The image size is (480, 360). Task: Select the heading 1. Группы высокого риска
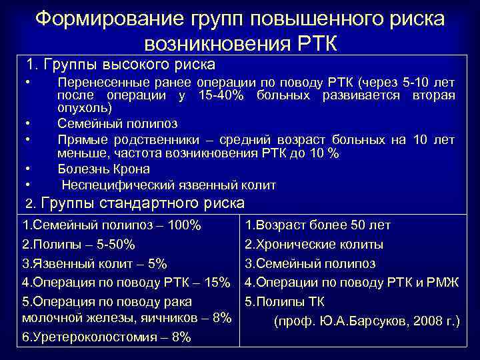(120, 65)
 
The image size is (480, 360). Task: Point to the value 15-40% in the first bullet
(221, 96)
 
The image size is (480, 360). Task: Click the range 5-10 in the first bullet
(410, 83)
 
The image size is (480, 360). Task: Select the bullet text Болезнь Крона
(103, 169)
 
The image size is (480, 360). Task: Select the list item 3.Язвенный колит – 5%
(94, 263)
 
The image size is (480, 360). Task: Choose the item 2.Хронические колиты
(314, 244)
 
